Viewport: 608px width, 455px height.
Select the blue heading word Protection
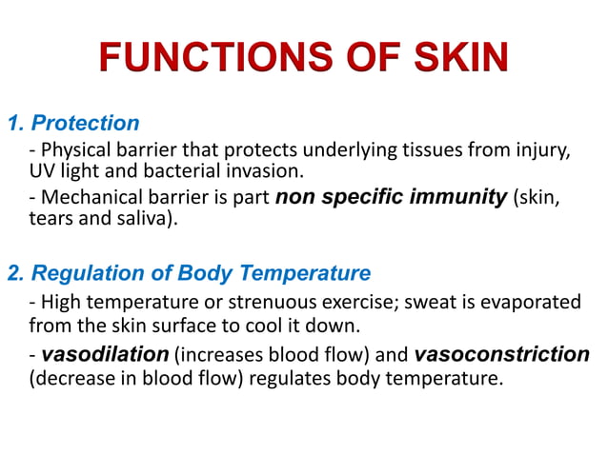pos(86,123)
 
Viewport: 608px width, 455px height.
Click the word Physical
pos(75,151)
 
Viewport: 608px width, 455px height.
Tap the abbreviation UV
pos(42,171)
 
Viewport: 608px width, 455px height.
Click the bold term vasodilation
pos(105,355)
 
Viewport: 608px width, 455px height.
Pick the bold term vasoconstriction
pos(502,355)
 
